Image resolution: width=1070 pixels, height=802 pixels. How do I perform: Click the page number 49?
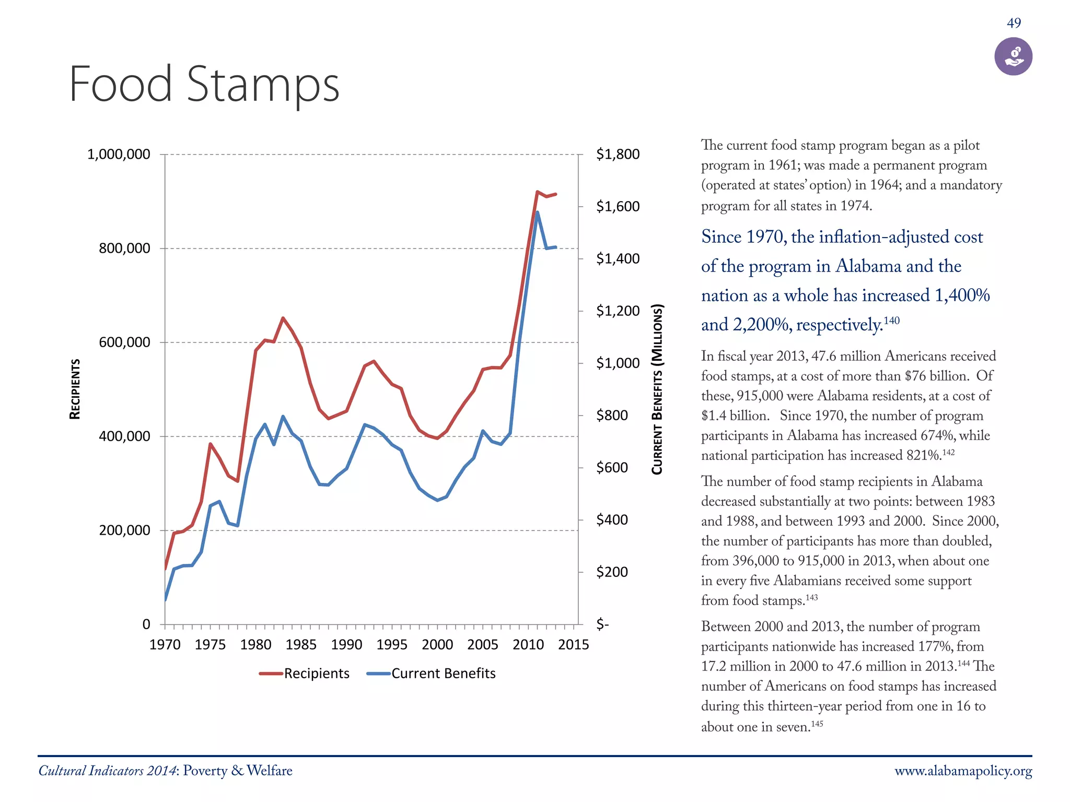pos(1014,23)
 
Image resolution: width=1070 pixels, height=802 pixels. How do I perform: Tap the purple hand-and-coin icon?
pos(1013,56)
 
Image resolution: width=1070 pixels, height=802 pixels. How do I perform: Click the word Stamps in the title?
pos(263,85)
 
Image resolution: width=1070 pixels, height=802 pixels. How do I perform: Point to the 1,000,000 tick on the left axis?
pos(119,155)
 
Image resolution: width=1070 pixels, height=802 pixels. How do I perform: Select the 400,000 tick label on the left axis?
pos(124,436)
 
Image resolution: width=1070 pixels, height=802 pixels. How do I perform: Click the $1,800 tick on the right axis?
pos(618,155)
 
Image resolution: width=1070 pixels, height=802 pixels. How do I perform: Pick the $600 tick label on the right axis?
pos(612,467)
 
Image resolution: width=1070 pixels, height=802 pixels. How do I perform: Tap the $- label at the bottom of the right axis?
pos(602,624)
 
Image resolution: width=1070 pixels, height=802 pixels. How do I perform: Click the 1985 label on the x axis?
pos(301,645)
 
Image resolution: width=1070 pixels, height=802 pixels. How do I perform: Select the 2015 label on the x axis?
pos(573,645)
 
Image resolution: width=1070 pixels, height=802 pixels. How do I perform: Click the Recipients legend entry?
pos(305,674)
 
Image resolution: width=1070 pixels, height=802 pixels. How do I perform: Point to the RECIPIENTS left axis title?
pos(75,389)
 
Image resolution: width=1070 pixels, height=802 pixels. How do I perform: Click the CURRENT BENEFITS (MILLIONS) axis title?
pos(657,389)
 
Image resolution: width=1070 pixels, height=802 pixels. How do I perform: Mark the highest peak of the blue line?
pos(537,212)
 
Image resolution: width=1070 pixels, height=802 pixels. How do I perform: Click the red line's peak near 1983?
pos(283,318)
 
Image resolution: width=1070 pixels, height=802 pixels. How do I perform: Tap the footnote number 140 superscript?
pos(891,320)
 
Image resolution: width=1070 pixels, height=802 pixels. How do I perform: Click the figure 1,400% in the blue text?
pos(962,296)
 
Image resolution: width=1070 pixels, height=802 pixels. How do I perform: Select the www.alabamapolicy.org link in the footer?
pos(963,771)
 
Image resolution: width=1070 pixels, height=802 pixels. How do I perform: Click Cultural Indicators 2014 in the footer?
pos(108,771)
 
